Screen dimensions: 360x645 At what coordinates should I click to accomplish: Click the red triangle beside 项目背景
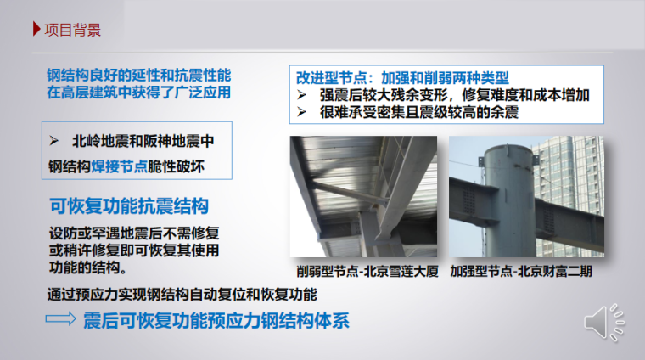[x=36, y=31]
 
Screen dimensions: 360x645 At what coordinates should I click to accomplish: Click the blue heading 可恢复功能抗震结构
[x=129, y=206]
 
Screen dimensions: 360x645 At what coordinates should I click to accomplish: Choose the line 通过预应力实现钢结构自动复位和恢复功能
[x=182, y=295]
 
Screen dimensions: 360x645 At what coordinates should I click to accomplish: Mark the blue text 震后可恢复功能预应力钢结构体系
[x=216, y=322]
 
